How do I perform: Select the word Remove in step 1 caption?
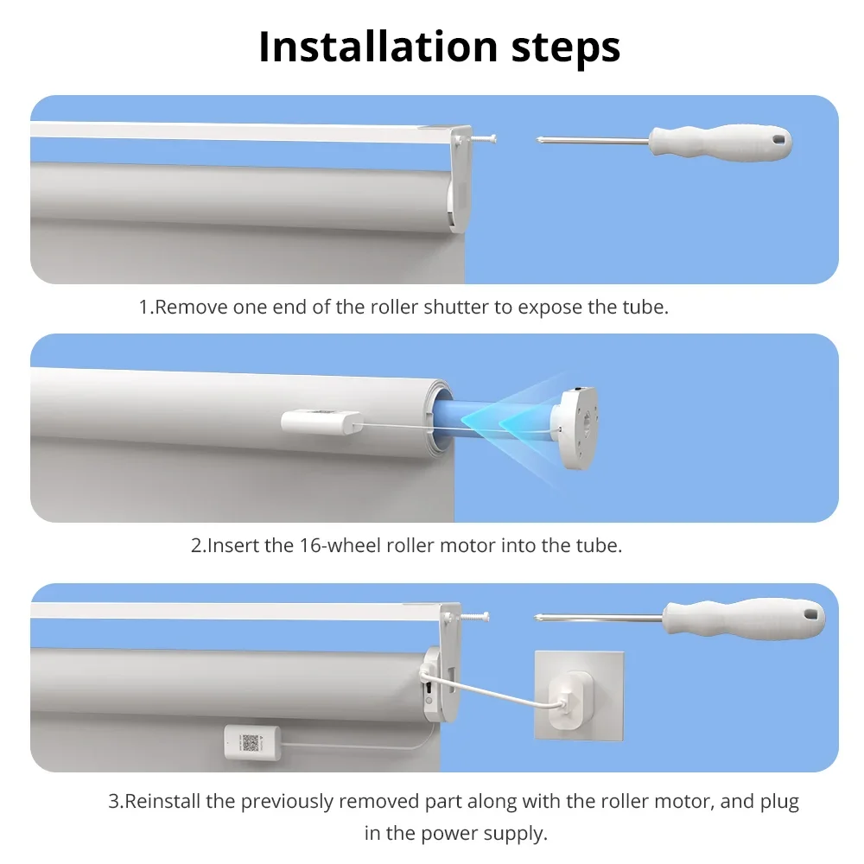click(x=191, y=308)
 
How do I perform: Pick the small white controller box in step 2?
click(x=321, y=422)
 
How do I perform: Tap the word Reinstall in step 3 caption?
click(x=165, y=801)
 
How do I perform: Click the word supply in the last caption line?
click(x=518, y=834)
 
